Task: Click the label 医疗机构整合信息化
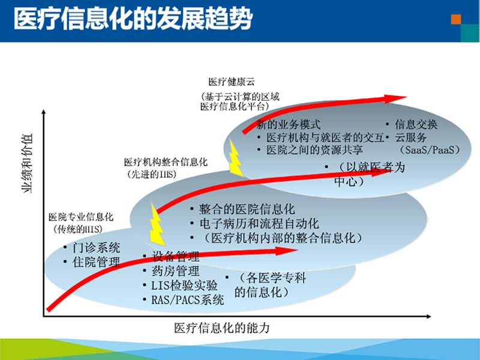[x=165, y=162]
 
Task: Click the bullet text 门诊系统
[x=96, y=247]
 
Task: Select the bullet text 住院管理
[x=96, y=262]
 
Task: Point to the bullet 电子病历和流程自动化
[x=259, y=224]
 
